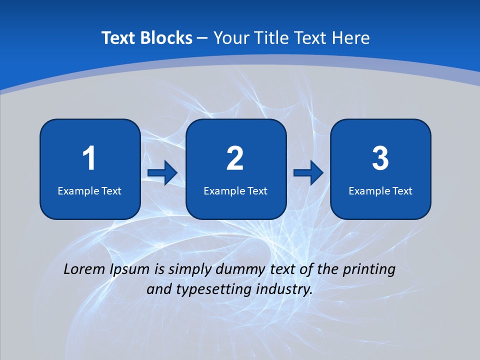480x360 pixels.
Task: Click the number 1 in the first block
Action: pos(89,158)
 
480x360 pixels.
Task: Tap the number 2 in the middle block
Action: pos(235,158)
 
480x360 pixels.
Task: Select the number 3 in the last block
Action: pos(380,158)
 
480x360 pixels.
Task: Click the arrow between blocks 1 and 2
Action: pos(162,173)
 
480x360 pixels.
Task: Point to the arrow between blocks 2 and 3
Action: pos(308,173)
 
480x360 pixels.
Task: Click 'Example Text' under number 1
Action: pos(89,190)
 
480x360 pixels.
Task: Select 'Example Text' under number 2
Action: pos(235,190)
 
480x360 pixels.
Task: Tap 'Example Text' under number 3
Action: pos(380,190)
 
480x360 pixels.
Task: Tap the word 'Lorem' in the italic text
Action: pos(84,269)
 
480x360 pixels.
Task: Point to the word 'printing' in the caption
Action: pos(369,269)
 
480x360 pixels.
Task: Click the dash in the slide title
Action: pos(202,38)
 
